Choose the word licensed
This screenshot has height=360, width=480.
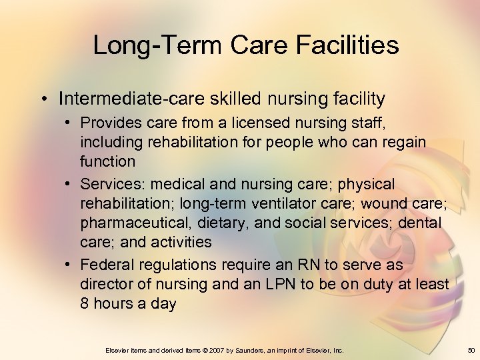pyautogui.click(x=256, y=124)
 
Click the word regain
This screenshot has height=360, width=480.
pyautogui.click(x=403, y=143)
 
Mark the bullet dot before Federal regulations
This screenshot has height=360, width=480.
pyautogui.click(x=69, y=265)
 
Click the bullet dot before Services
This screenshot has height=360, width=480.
pyautogui.click(x=69, y=183)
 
